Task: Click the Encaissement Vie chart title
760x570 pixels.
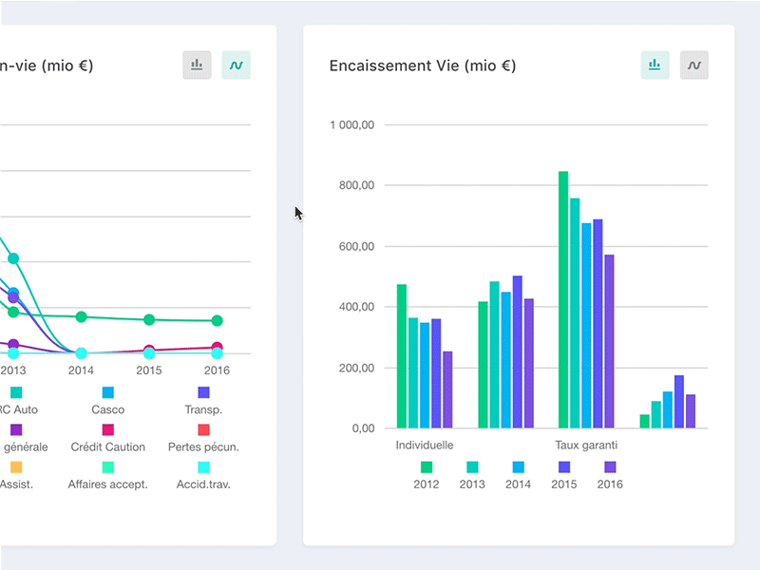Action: coord(422,66)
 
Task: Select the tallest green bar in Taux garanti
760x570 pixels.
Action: coord(563,299)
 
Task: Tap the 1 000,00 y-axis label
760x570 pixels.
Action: coord(352,124)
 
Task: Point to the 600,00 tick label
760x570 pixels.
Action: coord(357,246)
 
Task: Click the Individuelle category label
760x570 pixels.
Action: coord(424,445)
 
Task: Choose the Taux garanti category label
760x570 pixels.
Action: coord(586,445)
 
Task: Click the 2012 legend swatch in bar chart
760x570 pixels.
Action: coord(427,466)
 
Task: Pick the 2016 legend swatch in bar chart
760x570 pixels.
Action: coord(610,466)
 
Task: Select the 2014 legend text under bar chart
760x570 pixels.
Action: coord(518,484)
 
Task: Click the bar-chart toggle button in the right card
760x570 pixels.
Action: coord(655,65)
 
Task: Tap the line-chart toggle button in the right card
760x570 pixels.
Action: coord(694,65)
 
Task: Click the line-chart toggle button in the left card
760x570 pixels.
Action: coord(236,65)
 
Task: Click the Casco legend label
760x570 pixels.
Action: coord(107,409)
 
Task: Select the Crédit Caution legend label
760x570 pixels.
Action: coord(108,446)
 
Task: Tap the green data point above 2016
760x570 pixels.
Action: coord(217,321)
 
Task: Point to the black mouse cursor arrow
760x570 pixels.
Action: coord(298,213)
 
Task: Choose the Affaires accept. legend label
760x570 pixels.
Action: coord(107,484)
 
